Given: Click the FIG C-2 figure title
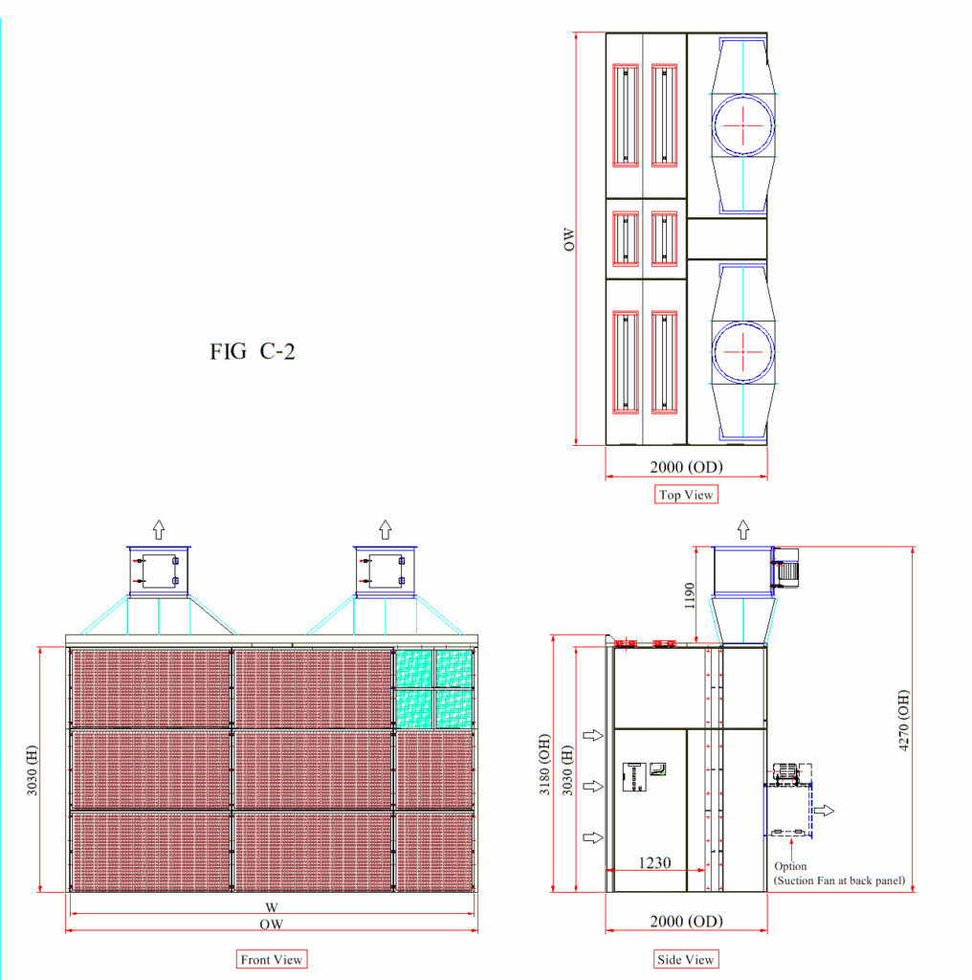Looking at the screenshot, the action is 252,351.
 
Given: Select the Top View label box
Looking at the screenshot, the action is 686,495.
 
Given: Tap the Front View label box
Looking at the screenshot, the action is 271,959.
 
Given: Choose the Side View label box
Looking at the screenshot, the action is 685,959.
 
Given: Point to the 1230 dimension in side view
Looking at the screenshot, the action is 654,862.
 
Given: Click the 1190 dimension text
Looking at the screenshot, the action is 689,595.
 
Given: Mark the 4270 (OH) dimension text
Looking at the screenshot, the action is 903,720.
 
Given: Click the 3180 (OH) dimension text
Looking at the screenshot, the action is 544,765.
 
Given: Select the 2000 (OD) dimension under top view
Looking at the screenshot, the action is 686,467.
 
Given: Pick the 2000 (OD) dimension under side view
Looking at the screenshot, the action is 686,922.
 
